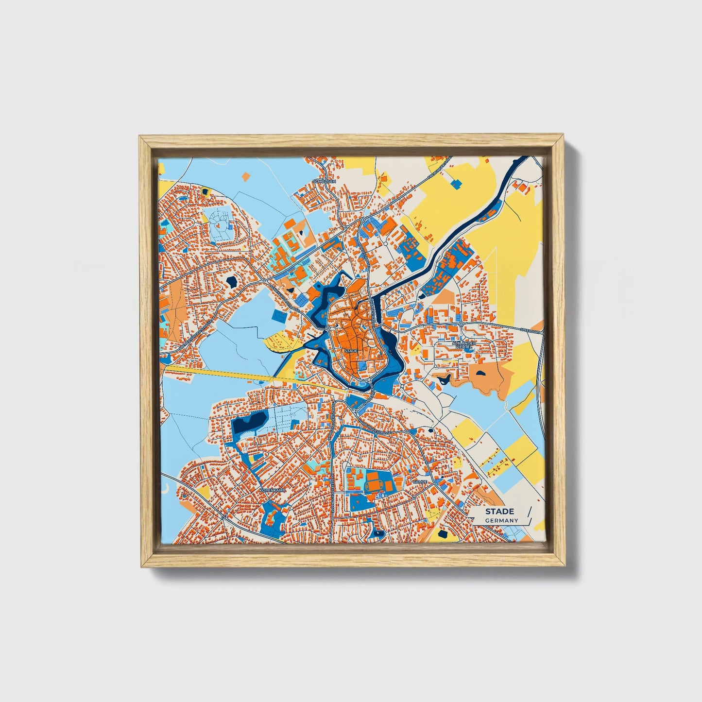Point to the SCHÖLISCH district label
[324, 181]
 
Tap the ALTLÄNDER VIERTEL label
[464, 345]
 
